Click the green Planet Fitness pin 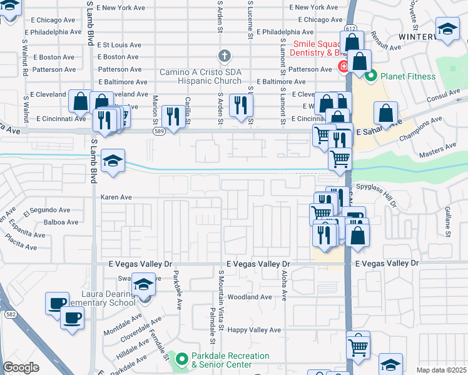click(x=370, y=76)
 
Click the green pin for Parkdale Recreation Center click(x=181, y=359)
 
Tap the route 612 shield click(x=350, y=28)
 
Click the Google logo click(x=21, y=367)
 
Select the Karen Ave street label click(x=116, y=197)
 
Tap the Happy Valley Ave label click(x=254, y=330)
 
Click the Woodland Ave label click(x=250, y=297)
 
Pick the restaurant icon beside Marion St click(x=171, y=116)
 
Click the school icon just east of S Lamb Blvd click(x=113, y=161)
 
